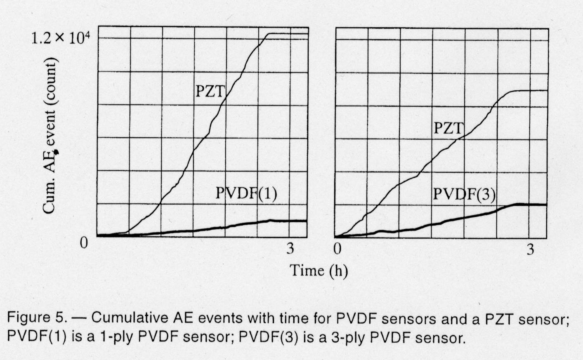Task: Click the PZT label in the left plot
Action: click(209, 91)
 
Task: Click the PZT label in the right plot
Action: click(448, 128)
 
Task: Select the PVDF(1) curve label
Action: click(246, 193)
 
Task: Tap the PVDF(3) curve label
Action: click(464, 193)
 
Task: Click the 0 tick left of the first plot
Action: click(84, 243)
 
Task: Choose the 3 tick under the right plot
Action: click(530, 249)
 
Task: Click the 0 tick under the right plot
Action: click(338, 249)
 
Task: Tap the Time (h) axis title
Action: click(319, 271)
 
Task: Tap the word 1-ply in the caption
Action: click(117, 338)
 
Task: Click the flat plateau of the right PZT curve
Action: click(528, 90)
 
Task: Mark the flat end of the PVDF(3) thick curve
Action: click(532, 204)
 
